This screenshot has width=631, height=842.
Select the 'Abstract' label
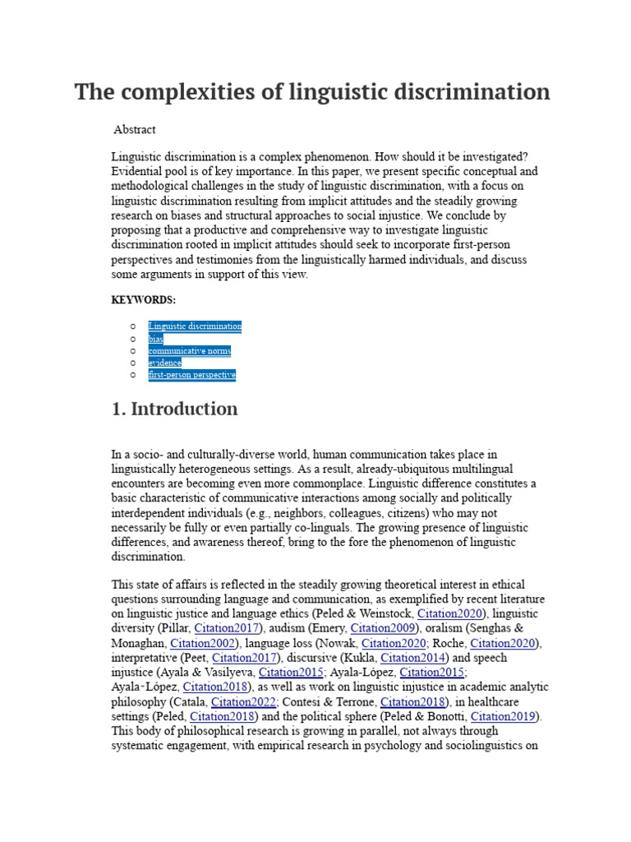[x=134, y=130]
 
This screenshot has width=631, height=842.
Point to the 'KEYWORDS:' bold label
[x=144, y=300]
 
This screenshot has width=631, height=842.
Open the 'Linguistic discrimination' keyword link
[x=195, y=326]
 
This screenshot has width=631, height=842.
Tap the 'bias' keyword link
[x=155, y=339]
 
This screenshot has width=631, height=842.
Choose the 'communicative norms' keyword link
[x=189, y=351]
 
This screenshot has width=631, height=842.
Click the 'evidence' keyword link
[x=164, y=363]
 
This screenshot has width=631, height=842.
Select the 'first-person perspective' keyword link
[x=191, y=375]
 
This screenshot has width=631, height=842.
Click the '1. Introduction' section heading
[x=174, y=409]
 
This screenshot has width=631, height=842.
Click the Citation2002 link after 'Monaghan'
[x=203, y=643]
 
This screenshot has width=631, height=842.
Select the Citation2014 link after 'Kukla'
[x=413, y=658]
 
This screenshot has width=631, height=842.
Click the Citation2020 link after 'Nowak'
[x=394, y=643]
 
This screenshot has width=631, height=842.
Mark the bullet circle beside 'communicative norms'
[x=132, y=351]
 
